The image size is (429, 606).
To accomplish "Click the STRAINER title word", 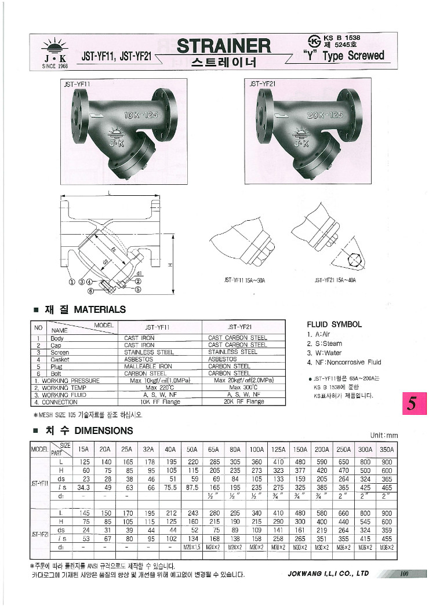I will [223, 46].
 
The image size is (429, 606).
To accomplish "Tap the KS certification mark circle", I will [331, 42].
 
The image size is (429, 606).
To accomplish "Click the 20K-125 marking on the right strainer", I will [323, 115].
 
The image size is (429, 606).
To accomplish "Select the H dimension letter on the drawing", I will [169, 265].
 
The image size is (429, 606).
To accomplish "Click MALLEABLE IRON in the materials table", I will [148, 366].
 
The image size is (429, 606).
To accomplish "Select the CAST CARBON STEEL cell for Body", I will [237, 337].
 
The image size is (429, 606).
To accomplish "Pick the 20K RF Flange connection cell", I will [243, 401].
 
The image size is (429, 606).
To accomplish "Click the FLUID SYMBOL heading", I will [334, 324].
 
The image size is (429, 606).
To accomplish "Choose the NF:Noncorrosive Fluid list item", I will [344, 362].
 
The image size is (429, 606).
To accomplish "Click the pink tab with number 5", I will [413, 404].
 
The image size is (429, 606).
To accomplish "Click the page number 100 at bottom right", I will [404, 574].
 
